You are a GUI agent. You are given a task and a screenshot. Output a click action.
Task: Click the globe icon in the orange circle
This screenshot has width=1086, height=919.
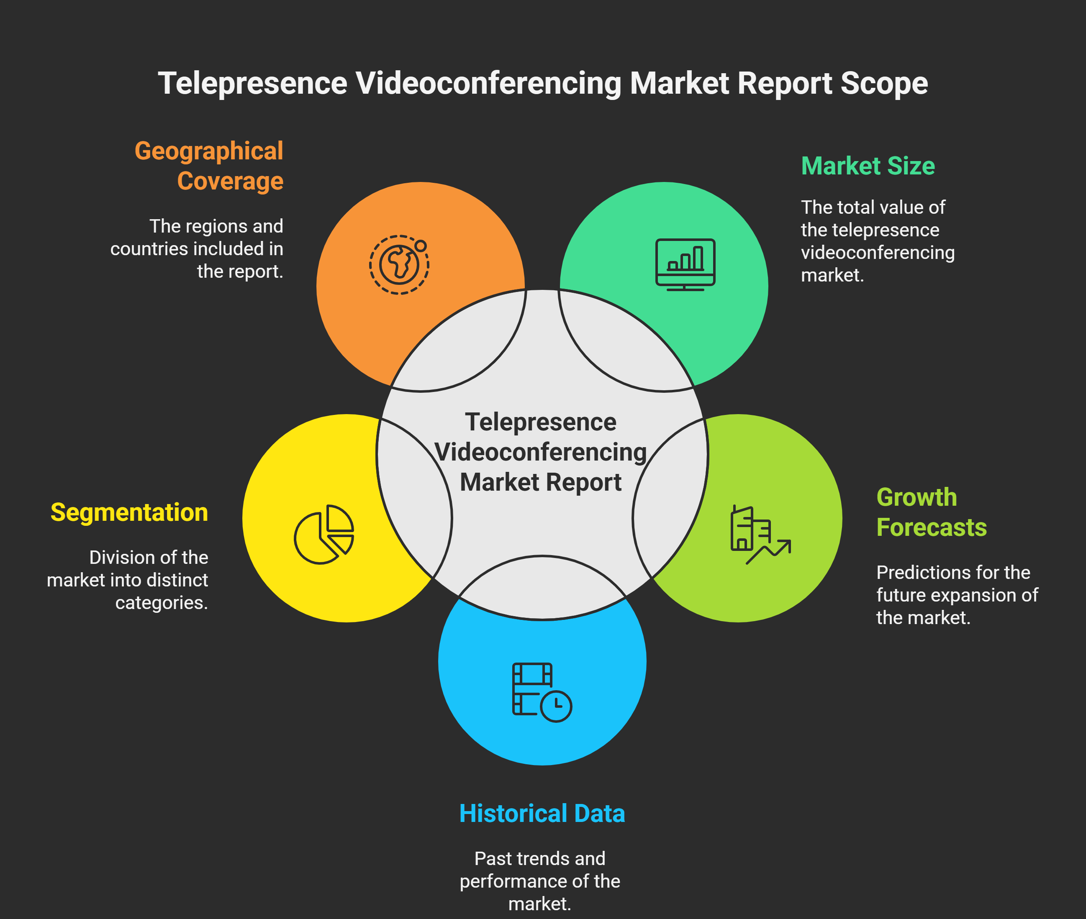(399, 265)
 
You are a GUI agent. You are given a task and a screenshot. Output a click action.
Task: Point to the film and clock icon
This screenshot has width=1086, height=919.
(542, 692)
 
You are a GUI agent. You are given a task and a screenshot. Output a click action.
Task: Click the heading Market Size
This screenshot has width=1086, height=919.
(868, 166)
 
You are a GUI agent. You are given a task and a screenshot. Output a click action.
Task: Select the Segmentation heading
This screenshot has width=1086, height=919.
(129, 512)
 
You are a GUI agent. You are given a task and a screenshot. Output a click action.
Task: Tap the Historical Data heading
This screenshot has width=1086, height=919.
(542, 813)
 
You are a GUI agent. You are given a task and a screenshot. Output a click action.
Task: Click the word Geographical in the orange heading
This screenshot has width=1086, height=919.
(209, 151)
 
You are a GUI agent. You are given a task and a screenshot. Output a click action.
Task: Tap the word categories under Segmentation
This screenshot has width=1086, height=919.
(162, 603)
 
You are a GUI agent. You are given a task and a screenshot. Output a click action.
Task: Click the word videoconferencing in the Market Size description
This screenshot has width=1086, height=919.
(878, 253)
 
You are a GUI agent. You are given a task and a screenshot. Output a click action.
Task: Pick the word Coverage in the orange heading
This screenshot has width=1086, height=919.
(230, 181)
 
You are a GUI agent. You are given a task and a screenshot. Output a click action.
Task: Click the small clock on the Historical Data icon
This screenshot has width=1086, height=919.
(556, 706)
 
